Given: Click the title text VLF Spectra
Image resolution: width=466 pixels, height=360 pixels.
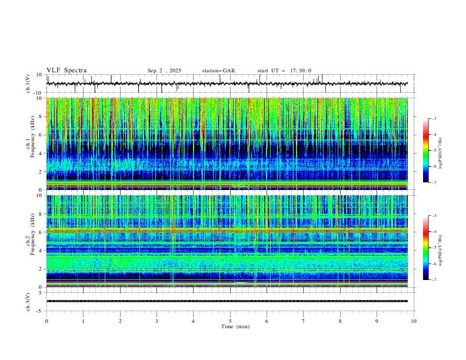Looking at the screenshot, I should pos(66,71).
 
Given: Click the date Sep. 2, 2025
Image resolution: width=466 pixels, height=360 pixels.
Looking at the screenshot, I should pos(164,71).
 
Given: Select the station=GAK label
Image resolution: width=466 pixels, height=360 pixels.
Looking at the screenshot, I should pos(218,71).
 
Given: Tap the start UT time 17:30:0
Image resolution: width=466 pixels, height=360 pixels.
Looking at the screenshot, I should pos(284,71).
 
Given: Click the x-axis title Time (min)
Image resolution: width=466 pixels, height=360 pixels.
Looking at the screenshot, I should pos(230,326).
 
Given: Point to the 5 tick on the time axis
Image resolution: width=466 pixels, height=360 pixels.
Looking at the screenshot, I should pos(230,321).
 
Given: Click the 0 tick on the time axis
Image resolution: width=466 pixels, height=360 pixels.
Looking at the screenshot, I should pos(46,321).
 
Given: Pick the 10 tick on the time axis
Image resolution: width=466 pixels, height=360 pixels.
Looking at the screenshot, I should pos(414,321).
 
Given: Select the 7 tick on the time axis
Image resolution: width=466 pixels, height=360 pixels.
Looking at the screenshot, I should pos(304,321).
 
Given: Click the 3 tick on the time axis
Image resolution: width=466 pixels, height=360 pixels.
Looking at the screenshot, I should pos(157,321).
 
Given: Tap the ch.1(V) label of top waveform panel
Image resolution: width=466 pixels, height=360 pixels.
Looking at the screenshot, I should pos(28,84).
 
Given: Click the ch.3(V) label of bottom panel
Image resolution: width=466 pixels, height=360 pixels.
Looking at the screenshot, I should pos(28,301).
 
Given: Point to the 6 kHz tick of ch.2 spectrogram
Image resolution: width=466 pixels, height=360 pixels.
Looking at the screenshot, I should pos(40,232).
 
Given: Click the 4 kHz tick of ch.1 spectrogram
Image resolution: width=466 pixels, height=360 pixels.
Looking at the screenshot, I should pos(40,153).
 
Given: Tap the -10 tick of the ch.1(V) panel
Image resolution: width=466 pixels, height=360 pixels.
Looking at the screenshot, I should pos(36,93).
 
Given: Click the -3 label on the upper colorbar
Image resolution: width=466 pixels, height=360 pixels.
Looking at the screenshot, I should pos(434,119).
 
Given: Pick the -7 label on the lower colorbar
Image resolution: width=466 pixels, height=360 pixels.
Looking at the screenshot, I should pos(434,280).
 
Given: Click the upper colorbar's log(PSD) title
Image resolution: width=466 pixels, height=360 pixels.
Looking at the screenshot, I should pos(440,151).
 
